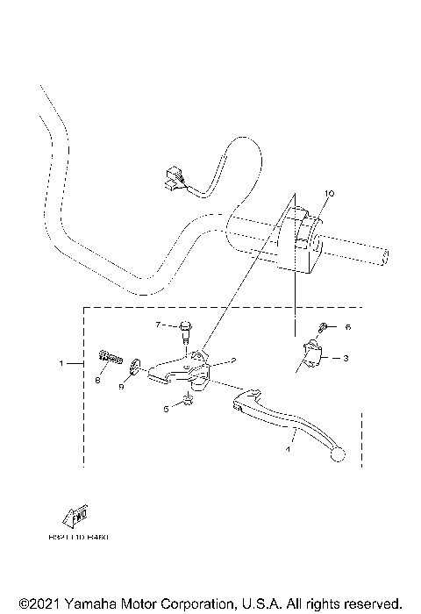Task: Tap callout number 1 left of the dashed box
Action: click(61, 362)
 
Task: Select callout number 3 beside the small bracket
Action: click(346, 358)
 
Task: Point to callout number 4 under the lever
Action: click(286, 450)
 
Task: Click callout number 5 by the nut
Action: click(165, 409)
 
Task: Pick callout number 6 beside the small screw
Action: click(347, 327)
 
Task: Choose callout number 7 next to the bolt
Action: click(160, 325)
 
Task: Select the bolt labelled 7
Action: click(185, 331)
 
